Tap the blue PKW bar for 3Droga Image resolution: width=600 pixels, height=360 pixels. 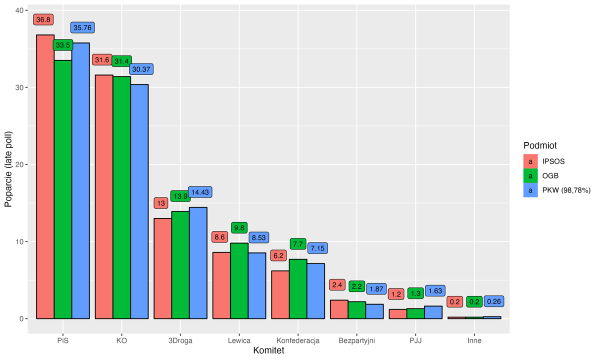pos(198,263)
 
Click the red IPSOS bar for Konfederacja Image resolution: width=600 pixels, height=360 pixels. pos(280,294)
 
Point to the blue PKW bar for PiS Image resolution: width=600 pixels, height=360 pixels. pos(80,180)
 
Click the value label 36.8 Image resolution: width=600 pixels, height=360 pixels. pos(43,19)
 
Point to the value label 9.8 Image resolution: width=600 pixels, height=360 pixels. pos(239,227)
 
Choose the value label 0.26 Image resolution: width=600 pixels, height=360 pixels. pos(494,301)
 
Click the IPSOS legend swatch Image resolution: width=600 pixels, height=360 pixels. pos(530,161)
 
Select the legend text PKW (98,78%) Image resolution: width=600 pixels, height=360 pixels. pos(566,190)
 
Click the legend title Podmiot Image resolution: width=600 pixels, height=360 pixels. pos(540,145)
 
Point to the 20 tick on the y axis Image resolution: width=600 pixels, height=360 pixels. pos(19,164)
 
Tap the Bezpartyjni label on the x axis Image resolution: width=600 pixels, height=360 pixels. pos(356,341)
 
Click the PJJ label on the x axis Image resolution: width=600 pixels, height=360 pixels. pos(415,341)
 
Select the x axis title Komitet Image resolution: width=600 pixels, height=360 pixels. pos(268,351)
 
